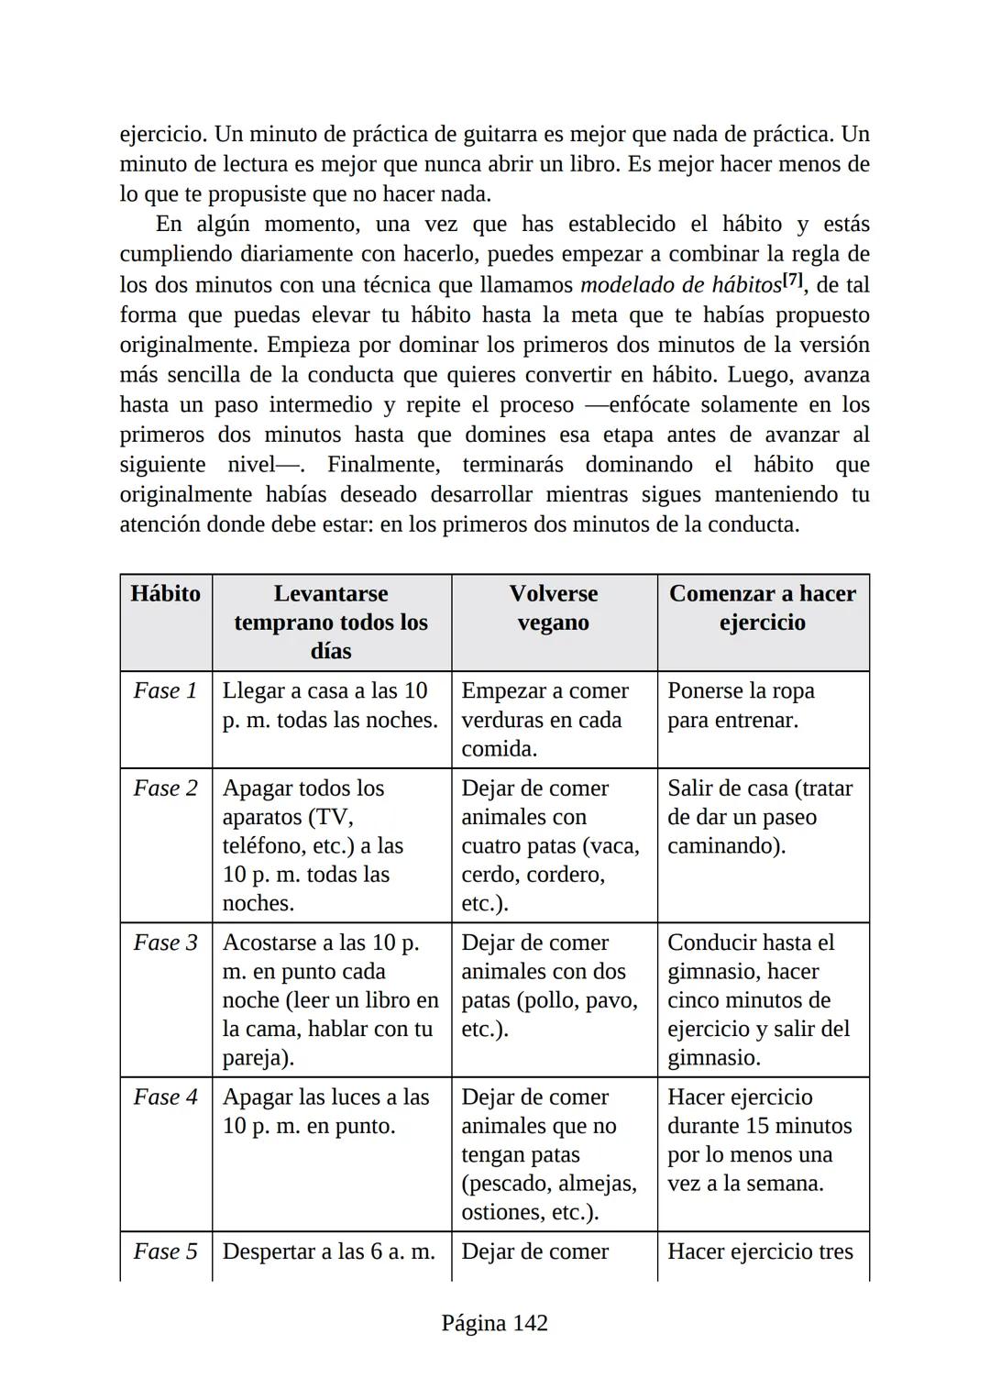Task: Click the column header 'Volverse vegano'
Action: tap(554, 608)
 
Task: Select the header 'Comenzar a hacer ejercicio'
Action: tap(762, 608)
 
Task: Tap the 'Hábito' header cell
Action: tap(166, 594)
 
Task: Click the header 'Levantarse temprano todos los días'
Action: tap(331, 622)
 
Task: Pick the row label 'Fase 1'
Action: tap(166, 690)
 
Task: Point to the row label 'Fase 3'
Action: tap(166, 943)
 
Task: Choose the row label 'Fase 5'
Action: tap(166, 1251)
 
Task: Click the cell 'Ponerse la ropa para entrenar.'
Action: tap(741, 705)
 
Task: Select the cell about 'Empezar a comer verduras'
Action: tap(544, 720)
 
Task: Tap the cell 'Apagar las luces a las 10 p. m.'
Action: tap(325, 1111)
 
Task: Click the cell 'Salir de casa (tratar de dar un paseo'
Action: tap(760, 817)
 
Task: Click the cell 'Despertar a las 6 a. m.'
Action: tap(328, 1251)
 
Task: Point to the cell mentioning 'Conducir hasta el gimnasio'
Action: tap(758, 999)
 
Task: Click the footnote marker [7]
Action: tap(794, 281)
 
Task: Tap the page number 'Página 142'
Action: tap(495, 1323)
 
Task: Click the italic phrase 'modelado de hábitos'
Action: tap(680, 285)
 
